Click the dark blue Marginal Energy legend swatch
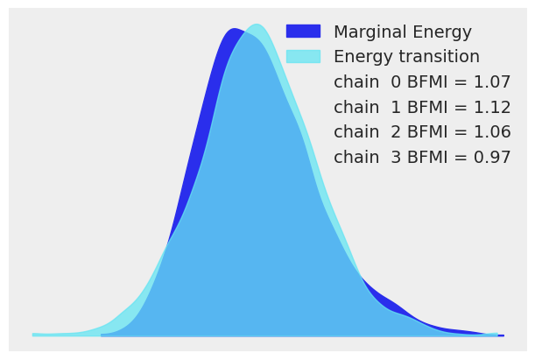[x=303, y=32]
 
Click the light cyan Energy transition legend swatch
[x=303, y=56]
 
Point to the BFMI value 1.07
[x=491, y=82]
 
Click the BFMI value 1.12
[x=491, y=108]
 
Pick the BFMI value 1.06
[x=491, y=132]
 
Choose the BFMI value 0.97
[x=491, y=158]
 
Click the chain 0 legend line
[x=422, y=82]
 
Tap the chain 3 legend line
[x=422, y=158]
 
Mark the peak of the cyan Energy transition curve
[x=256, y=25]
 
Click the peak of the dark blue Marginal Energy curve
[x=233, y=29]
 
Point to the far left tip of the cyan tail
[x=34, y=334]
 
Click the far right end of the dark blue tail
[x=502, y=335]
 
